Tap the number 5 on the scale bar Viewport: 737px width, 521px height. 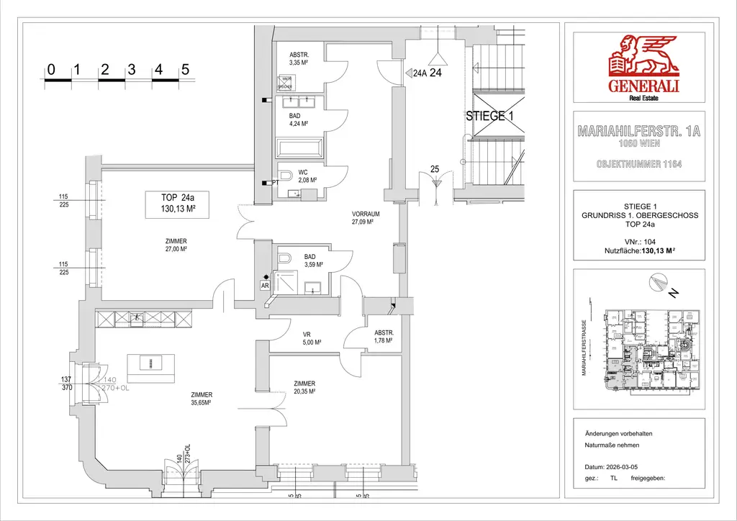pyautogui.click(x=186, y=70)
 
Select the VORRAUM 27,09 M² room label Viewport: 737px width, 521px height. pyautogui.click(x=366, y=218)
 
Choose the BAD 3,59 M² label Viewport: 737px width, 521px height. pyautogui.click(x=313, y=260)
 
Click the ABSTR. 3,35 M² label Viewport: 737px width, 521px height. pyautogui.click(x=299, y=58)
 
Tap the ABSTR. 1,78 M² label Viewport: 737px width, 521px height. pyautogui.click(x=383, y=337)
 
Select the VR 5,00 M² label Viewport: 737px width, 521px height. pyautogui.click(x=310, y=338)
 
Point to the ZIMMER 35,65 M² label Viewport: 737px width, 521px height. pyautogui.click(x=202, y=399)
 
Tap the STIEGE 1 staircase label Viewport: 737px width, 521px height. pyautogui.click(x=489, y=116)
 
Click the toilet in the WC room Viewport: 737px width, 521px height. pyautogui.click(x=285, y=175)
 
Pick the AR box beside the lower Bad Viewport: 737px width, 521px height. pyautogui.click(x=266, y=285)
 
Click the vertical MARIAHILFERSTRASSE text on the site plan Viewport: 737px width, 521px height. pyautogui.click(x=586, y=348)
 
